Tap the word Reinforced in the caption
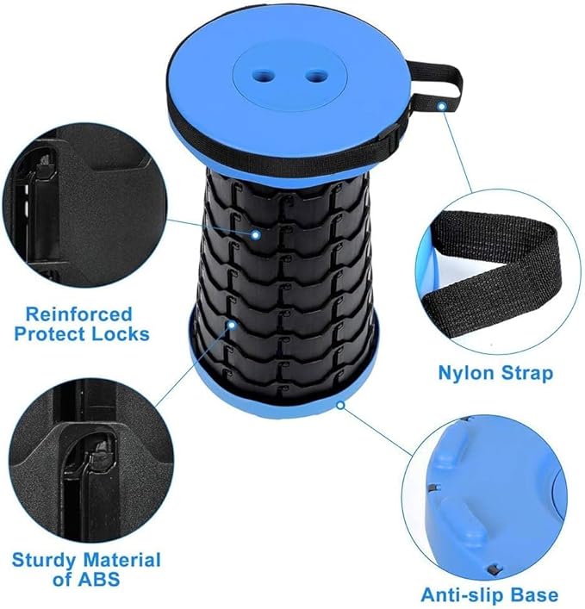pos(78,314)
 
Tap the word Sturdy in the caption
pos(43,560)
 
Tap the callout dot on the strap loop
pos(442,107)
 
